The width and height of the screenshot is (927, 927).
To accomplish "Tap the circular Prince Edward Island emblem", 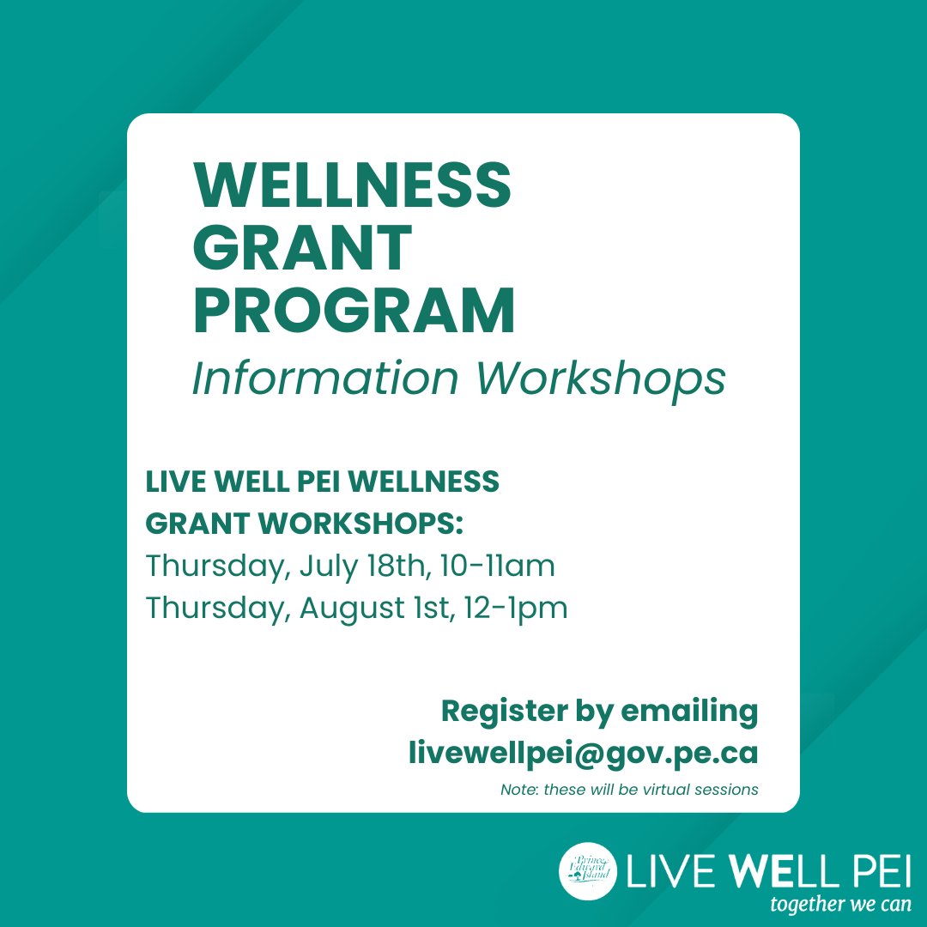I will pos(589,872).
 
